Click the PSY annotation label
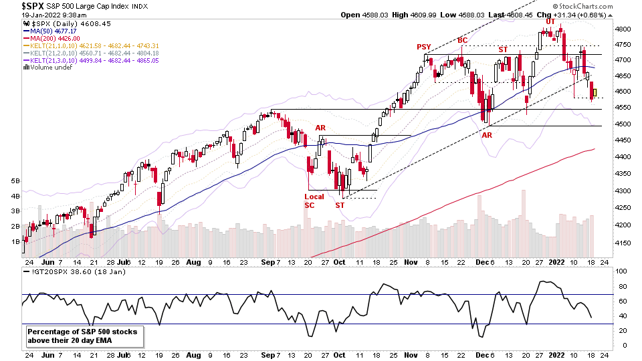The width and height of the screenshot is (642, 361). click(x=423, y=47)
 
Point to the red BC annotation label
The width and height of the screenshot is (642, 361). click(x=462, y=41)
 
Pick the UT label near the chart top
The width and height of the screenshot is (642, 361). click(x=550, y=21)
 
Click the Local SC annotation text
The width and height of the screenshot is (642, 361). click(x=314, y=201)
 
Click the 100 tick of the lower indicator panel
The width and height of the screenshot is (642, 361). click(x=623, y=271)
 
